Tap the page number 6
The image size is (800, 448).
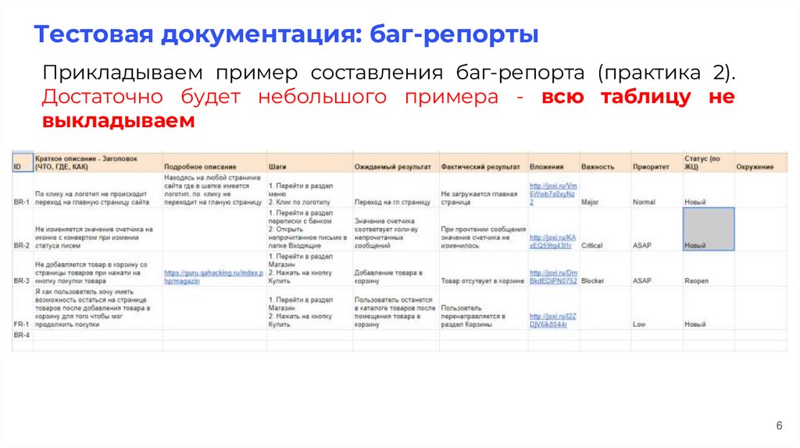779,425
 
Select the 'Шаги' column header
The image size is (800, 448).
277,167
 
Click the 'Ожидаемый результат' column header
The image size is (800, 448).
392,167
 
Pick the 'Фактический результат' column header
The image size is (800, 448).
480,167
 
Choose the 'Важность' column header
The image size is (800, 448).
598,167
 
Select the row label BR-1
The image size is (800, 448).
22,202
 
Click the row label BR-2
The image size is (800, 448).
22,245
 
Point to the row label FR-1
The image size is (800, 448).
22,324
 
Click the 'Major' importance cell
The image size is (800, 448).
590,202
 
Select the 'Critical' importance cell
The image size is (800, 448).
592,245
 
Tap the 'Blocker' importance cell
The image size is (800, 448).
592,280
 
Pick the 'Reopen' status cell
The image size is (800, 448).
696,280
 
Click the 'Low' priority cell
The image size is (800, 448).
639,324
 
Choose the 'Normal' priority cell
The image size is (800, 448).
644,202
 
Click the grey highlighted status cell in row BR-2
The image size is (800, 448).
709,229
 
